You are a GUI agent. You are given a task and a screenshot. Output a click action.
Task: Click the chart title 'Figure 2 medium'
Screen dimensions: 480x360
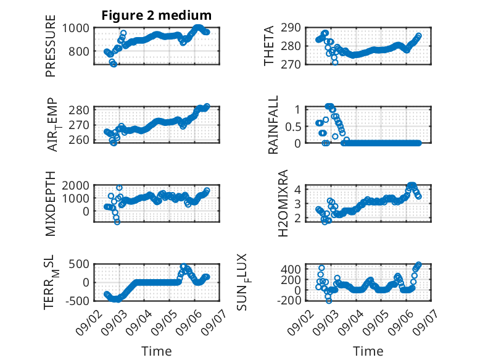(x=157, y=15)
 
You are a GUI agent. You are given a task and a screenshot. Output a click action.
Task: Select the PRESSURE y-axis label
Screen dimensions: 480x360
(x=51, y=46)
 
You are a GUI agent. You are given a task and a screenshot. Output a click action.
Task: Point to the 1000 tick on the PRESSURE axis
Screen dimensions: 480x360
(x=76, y=28)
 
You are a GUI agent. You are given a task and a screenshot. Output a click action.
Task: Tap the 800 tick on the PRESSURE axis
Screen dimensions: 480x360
(x=79, y=51)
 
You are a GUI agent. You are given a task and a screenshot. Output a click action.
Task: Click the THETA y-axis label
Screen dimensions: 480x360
(x=269, y=46)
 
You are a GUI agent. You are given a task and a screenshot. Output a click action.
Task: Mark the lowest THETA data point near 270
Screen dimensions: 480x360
(x=335, y=62)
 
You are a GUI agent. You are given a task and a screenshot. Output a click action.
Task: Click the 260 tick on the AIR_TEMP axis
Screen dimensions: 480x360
(x=79, y=140)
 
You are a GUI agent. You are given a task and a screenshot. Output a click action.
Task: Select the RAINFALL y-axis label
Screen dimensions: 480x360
(x=273, y=124)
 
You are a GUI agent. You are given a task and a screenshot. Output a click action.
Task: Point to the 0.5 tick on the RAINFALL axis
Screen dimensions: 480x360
(x=293, y=127)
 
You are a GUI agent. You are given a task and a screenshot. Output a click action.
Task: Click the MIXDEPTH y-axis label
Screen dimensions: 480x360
(x=51, y=203)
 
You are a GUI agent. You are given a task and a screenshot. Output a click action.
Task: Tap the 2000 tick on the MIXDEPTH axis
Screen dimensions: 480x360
(x=76, y=185)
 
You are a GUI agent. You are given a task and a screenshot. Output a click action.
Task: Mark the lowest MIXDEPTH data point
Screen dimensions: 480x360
(x=117, y=222)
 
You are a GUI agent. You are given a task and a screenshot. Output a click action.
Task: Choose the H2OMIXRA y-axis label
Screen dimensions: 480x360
(x=283, y=203)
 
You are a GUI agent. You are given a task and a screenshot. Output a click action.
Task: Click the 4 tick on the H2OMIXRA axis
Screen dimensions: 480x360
(x=297, y=189)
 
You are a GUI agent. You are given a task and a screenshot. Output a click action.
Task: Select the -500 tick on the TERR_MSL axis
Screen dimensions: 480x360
(x=77, y=301)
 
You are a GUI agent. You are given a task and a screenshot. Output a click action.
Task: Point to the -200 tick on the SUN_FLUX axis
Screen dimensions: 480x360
(x=289, y=300)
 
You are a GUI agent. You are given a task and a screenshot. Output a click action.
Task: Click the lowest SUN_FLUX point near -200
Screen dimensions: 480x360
(x=329, y=301)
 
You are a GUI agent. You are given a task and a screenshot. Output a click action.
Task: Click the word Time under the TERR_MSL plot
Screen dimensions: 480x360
(x=157, y=351)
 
